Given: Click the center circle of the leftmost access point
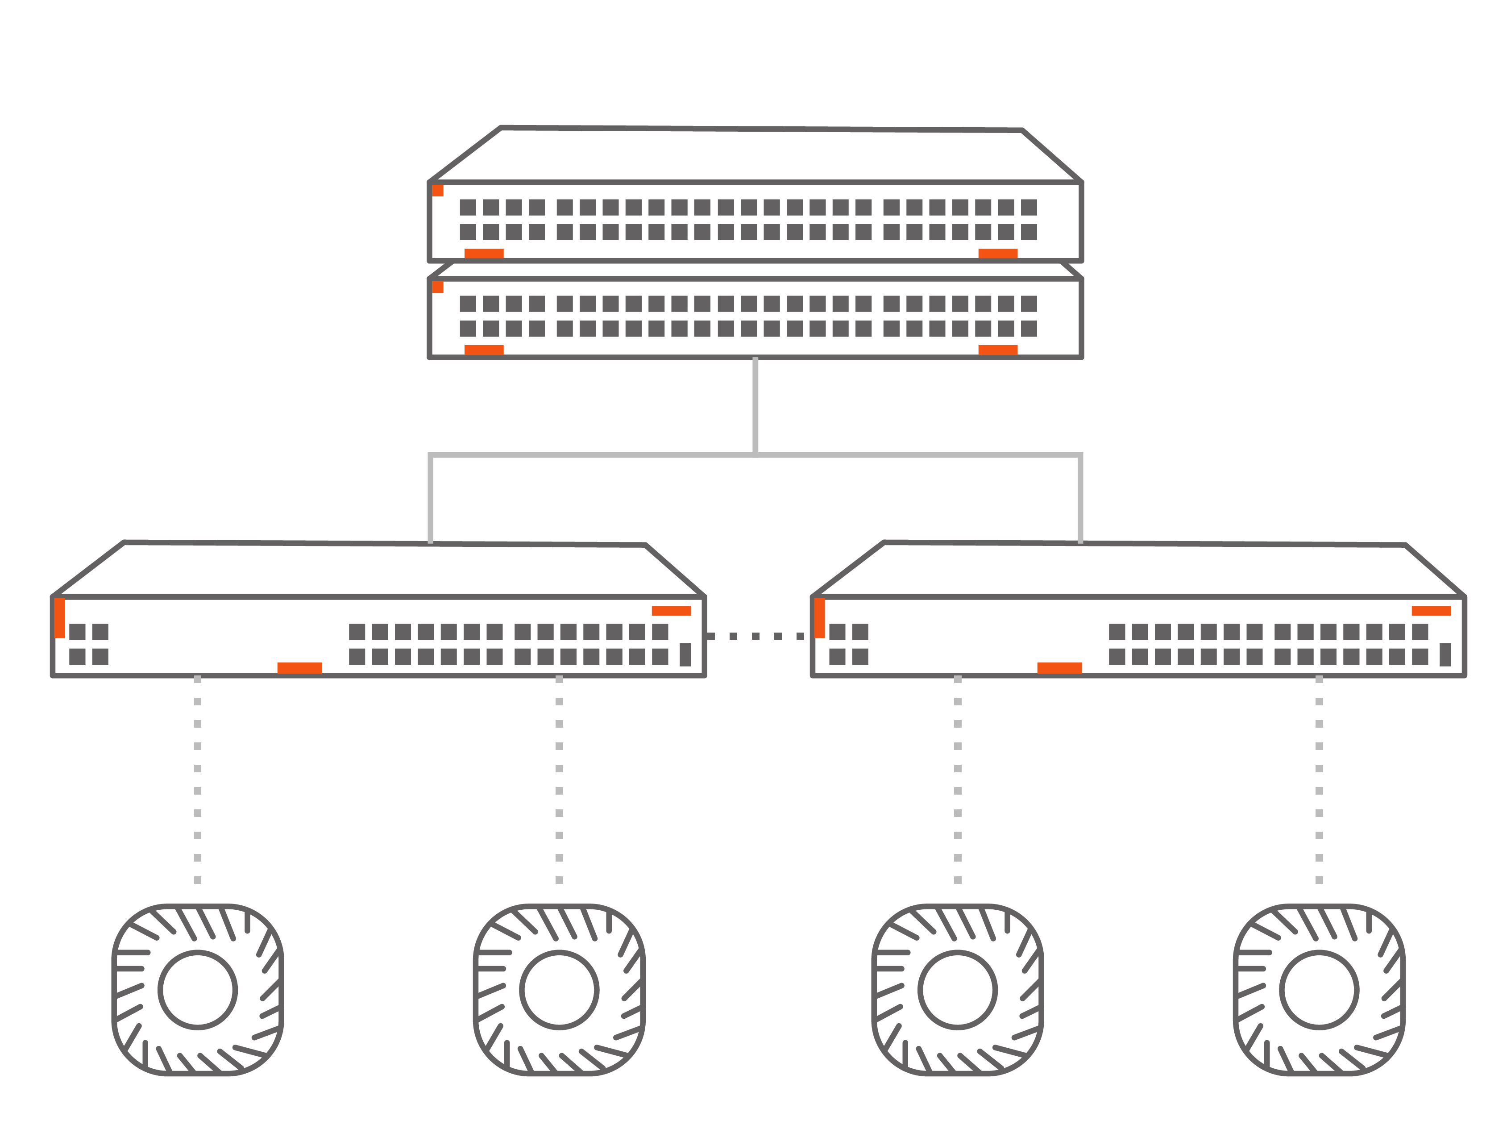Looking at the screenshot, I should (x=197, y=990).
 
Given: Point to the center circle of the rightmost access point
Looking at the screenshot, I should (x=1319, y=990).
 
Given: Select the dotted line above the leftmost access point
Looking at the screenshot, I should (x=197, y=779).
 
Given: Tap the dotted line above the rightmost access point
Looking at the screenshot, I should (x=1319, y=779).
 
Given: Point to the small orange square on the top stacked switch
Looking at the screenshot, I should (x=438, y=191).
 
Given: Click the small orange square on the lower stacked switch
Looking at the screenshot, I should (x=438, y=287).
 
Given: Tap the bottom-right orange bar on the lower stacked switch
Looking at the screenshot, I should (x=997, y=350).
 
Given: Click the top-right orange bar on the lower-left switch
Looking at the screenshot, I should (x=671, y=610).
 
